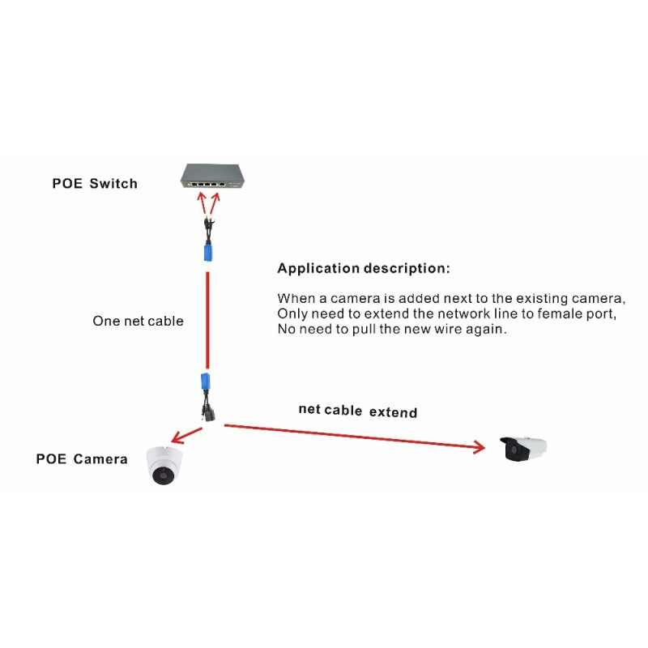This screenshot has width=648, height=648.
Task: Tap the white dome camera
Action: pos(164,466)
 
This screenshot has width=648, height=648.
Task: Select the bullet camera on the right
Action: pos(523,449)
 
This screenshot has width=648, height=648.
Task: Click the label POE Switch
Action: pos(95,184)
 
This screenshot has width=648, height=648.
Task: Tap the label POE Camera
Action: pos(82,459)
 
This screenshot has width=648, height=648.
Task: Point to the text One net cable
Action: pos(138,322)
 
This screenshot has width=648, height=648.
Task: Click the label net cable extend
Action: pos(357,411)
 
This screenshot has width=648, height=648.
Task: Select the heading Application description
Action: pos(363,268)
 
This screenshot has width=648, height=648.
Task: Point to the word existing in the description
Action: pos(539,297)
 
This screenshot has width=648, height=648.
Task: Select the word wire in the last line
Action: pos(454,330)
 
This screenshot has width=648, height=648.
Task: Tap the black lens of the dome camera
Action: pos(164,475)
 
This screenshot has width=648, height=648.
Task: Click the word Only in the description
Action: pos(292,314)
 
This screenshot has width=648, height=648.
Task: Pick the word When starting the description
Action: pos(296,297)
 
